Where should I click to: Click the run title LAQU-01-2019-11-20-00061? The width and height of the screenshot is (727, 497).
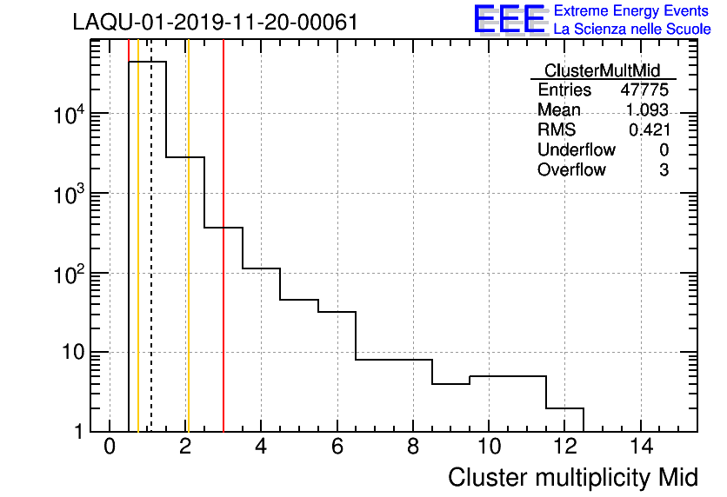click(x=215, y=23)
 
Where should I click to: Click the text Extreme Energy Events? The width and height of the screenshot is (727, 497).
click(x=631, y=11)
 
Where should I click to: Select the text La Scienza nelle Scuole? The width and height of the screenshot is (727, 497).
click(x=632, y=30)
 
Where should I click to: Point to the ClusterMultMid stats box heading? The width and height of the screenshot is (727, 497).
click(x=602, y=70)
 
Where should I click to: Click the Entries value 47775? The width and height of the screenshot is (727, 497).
click(x=644, y=90)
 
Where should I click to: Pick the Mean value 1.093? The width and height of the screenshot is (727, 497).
click(x=647, y=110)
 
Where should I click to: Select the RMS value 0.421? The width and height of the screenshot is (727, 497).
click(x=649, y=129)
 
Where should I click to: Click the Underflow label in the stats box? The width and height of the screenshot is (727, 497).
click(x=576, y=149)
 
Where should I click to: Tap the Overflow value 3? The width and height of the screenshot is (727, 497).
click(x=664, y=169)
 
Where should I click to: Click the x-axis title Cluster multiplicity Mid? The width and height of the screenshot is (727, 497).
click(x=572, y=477)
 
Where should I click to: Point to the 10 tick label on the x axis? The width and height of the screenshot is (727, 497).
click(x=489, y=447)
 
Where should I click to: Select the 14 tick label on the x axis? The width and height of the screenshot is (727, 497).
click(x=641, y=447)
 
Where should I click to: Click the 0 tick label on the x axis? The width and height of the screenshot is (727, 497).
click(x=110, y=447)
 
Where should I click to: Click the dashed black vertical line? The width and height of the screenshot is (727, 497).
click(x=151, y=261)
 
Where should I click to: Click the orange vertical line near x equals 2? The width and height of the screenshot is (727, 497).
click(x=188, y=261)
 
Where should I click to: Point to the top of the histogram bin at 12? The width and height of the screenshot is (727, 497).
click(x=564, y=408)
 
